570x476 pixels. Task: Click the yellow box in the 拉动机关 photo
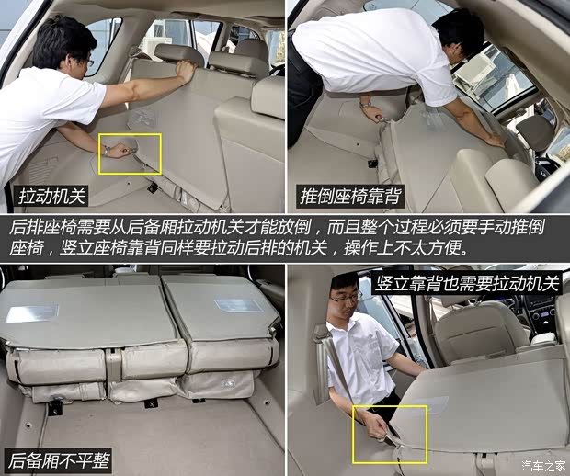131,153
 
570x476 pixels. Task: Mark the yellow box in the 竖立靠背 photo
390,433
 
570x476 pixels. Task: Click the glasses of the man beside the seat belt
346,298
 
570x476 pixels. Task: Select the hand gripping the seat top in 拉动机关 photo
187,69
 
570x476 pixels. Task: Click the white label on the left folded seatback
31,313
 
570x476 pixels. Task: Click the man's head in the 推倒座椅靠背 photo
457,35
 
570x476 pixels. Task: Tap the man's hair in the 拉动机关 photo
60,37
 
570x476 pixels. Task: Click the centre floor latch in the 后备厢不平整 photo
150,402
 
